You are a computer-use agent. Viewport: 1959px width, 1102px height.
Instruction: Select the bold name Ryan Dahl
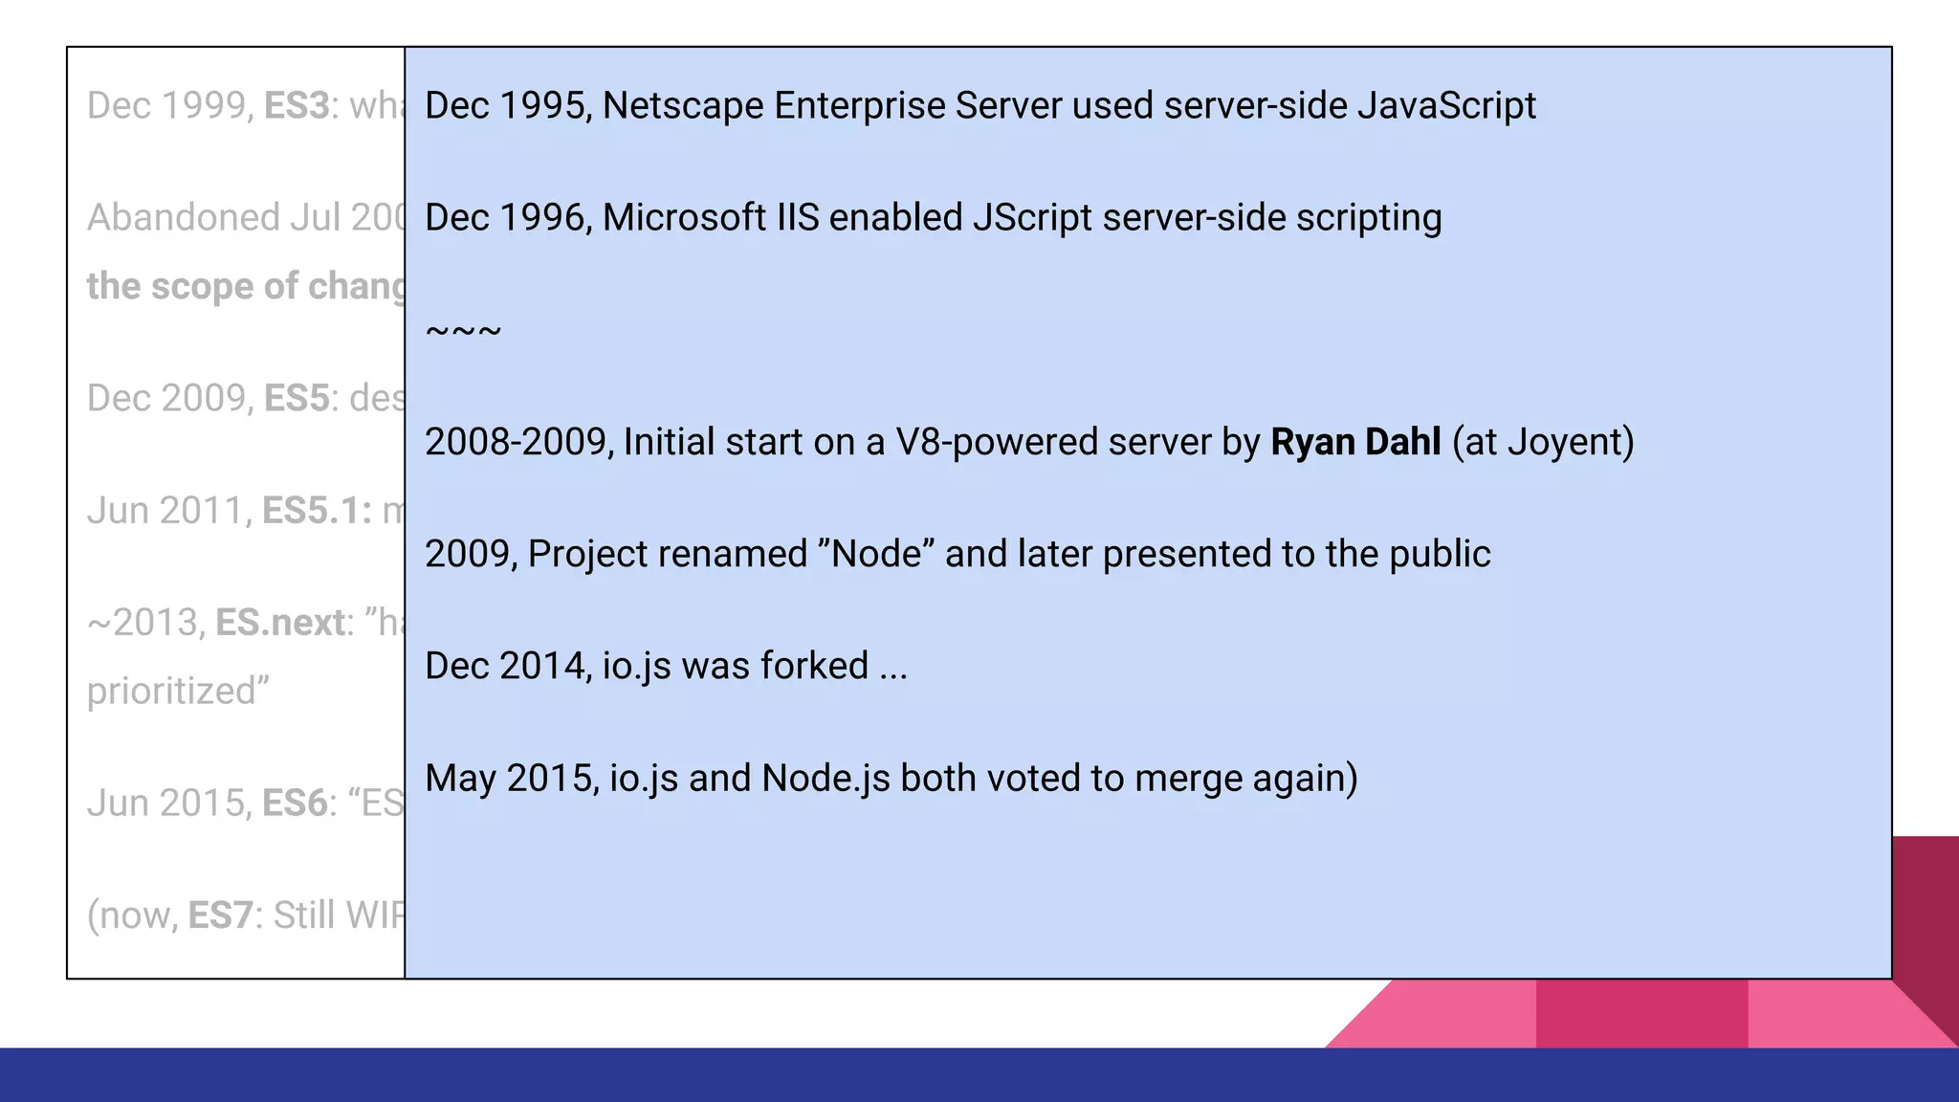[x=1354, y=442]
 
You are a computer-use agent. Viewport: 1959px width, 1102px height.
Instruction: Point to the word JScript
[x=1032, y=218]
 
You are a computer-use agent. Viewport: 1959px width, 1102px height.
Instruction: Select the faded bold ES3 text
[x=297, y=106]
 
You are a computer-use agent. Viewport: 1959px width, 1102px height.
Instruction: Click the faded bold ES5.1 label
[x=317, y=511]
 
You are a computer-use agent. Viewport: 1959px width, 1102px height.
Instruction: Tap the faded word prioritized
[x=178, y=691]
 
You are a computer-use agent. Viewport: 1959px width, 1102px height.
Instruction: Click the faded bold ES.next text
[x=280, y=623]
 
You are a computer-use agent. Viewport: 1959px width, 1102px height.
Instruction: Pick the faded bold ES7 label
[x=220, y=915]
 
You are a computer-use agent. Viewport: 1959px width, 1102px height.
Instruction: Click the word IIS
[x=798, y=218]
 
